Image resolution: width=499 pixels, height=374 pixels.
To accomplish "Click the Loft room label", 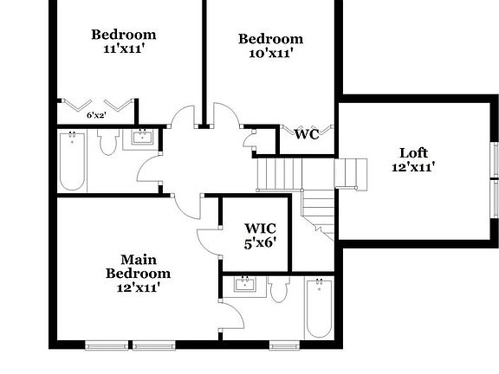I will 412,152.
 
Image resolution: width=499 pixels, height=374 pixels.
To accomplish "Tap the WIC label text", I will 259,229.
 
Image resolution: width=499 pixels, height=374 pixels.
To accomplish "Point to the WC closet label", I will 307,134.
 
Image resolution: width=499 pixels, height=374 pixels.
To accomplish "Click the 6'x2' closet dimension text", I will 96,114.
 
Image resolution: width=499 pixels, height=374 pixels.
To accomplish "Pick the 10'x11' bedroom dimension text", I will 270,53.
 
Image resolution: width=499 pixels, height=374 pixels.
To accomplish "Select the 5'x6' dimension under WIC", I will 259,243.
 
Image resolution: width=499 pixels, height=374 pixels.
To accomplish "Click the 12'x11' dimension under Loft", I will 412,167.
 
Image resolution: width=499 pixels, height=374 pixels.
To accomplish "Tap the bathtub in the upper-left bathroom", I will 71,161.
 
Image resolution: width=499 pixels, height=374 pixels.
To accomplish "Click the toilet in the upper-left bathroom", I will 108,142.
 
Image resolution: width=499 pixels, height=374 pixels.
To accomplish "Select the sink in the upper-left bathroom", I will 141,137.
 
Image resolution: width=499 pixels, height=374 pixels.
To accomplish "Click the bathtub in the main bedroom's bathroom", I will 318,308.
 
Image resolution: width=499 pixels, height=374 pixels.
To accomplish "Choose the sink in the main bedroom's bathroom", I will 245,285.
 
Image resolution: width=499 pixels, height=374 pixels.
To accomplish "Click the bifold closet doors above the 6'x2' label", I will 96,102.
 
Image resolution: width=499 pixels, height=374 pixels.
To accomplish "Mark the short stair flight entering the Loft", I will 350,172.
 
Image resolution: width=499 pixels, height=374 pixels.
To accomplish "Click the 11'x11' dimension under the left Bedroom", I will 124,49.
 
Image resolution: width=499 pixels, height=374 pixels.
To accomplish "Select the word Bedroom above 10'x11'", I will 270,38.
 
